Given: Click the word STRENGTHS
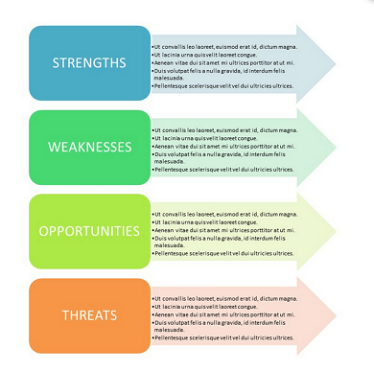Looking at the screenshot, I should pyautogui.click(x=89, y=63).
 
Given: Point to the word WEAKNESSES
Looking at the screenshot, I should pyautogui.click(x=89, y=147).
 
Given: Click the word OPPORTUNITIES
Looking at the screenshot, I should pyautogui.click(x=89, y=231).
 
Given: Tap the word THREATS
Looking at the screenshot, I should pyautogui.click(x=89, y=314).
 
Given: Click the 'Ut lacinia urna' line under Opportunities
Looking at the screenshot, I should pyautogui.click(x=212, y=221).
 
